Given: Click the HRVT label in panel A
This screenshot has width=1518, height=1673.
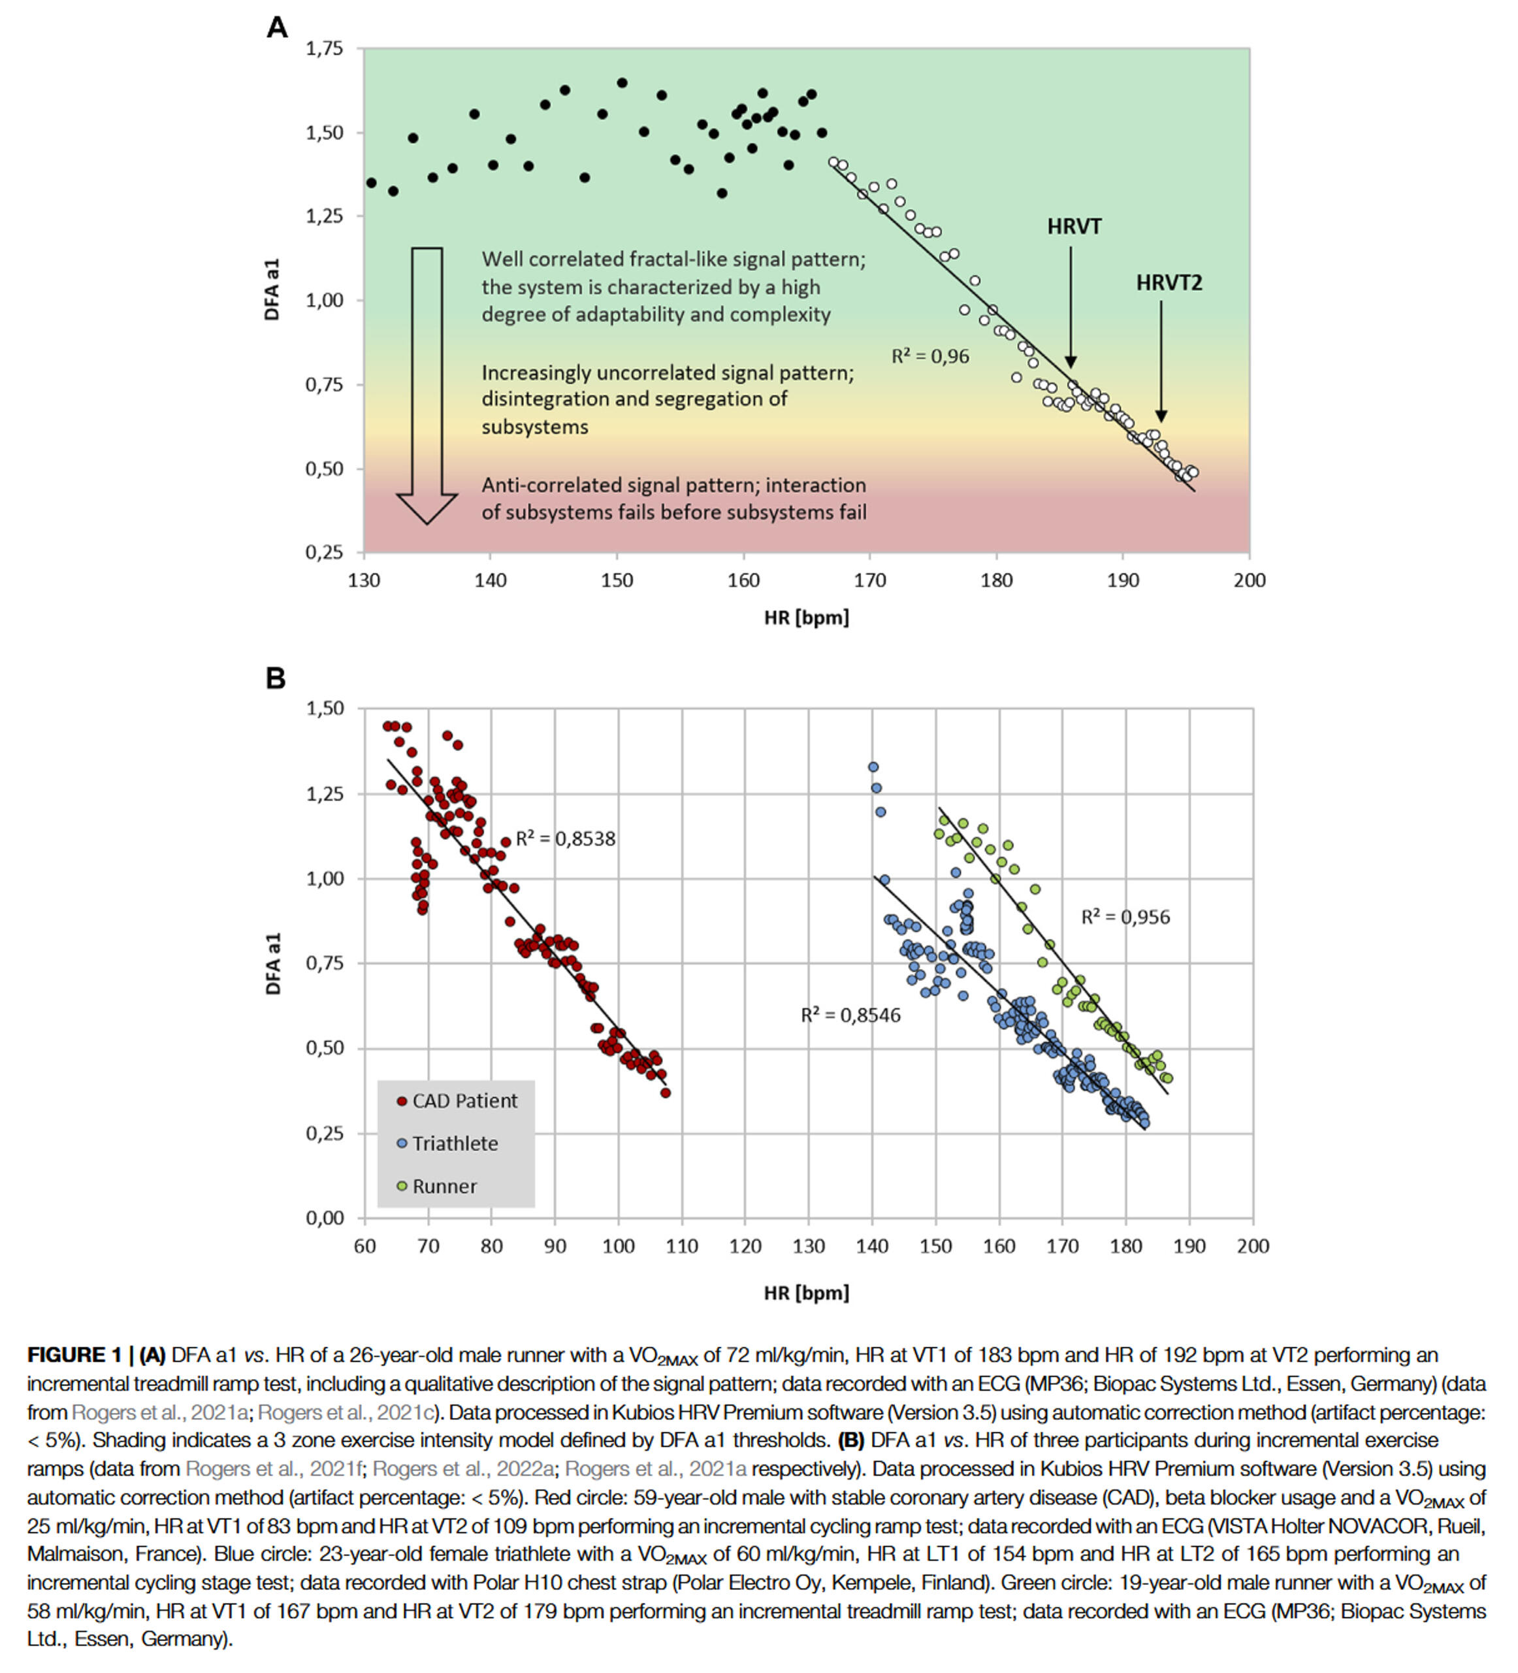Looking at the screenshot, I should [1073, 227].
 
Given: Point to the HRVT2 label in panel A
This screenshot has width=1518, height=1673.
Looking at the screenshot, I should [1168, 283].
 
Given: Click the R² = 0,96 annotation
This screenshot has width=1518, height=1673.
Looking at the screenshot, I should [930, 357].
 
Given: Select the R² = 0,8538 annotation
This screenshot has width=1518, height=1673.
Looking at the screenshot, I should [566, 839].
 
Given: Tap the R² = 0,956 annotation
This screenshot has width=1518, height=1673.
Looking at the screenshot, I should [1125, 917].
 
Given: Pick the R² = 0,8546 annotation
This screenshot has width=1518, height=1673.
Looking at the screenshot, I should [850, 1015].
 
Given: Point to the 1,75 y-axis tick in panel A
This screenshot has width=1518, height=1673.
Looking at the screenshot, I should [325, 49].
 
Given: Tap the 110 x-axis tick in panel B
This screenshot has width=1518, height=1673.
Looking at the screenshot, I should [681, 1246].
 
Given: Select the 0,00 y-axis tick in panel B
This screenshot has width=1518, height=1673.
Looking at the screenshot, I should [325, 1218].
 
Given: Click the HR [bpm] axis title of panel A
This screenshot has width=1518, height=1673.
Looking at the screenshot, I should [806, 618].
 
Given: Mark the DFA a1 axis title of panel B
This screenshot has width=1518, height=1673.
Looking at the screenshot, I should [273, 963].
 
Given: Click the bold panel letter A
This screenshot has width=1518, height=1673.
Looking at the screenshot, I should [277, 28].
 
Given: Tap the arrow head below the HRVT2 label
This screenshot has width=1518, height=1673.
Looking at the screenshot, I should [1161, 416].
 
